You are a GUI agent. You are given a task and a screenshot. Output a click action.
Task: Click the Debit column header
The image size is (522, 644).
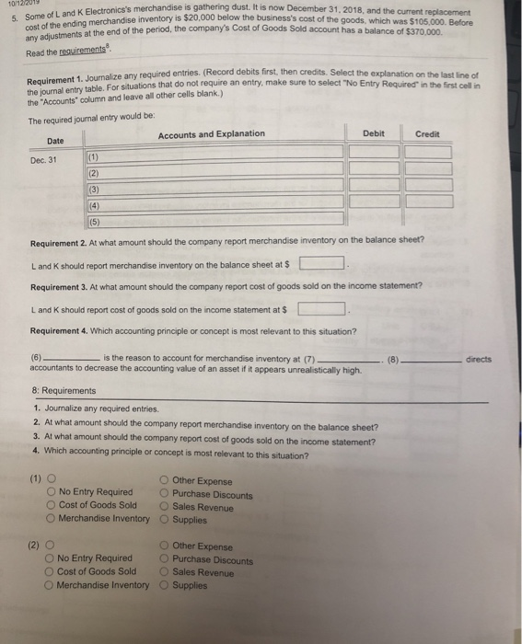pyautogui.click(x=374, y=133)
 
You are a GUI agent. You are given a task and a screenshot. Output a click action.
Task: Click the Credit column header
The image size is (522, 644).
pyautogui.click(x=427, y=133)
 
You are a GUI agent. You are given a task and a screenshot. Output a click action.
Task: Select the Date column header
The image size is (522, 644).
pyautogui.click(x=56, y=141)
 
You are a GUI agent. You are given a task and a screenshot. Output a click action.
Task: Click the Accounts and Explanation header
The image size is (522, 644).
pyautogui.click(x=211, y=134)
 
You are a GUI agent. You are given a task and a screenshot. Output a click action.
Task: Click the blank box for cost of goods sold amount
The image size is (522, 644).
pyautogui.click(x=322, y=307)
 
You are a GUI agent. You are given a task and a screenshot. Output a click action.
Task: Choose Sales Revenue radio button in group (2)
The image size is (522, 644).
pyautogui.click(x=163, y=572)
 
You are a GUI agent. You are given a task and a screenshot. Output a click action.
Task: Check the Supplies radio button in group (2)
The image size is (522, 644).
pyautogui.click(x=163, y=585)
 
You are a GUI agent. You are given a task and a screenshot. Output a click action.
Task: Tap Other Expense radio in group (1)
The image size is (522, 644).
pyautogui.click(x=163, y=479)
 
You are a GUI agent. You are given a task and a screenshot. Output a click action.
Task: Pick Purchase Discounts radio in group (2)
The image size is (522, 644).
pyautogui.click(x=163, y=559)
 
